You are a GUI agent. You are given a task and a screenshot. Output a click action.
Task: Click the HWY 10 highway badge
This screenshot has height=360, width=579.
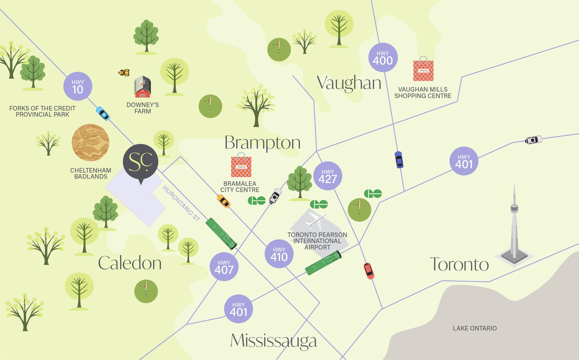[78, 86]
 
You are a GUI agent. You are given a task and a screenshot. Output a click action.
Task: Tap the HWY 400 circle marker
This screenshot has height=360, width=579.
[383, 58]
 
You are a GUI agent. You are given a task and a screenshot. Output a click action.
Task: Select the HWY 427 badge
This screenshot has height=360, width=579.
[327, 176]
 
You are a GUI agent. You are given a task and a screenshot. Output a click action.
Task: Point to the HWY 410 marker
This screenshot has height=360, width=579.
[279, 254]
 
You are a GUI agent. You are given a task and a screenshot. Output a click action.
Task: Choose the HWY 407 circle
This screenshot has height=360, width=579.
[224, 267]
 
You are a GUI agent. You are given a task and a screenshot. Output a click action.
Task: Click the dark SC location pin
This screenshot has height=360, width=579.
[140, 162]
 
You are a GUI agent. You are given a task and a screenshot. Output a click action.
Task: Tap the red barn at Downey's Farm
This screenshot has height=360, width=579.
[143, 87]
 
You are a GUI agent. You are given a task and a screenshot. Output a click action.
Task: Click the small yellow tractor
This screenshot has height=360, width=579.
[124, 72]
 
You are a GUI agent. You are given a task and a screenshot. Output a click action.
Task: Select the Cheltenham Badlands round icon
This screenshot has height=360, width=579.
[90, 143]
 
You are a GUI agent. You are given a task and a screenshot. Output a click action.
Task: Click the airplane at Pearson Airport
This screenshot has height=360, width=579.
[315, 220]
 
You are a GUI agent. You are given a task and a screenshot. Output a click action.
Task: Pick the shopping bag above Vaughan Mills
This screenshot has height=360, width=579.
[423, 69]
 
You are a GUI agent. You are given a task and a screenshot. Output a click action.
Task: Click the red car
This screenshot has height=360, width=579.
[369, 271]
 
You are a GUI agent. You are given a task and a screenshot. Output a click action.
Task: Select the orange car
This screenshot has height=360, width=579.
[223, 201]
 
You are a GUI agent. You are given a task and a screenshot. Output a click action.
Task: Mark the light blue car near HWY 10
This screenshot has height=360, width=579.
[103, 114]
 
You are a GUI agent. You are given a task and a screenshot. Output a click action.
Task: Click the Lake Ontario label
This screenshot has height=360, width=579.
[475, 328]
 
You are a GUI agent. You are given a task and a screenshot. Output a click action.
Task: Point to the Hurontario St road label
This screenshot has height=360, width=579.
[181, 203]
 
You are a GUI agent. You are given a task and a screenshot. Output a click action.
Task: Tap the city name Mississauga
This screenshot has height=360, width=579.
[274, 341]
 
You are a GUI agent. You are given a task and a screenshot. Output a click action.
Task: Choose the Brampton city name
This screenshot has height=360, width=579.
[262, 143]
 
